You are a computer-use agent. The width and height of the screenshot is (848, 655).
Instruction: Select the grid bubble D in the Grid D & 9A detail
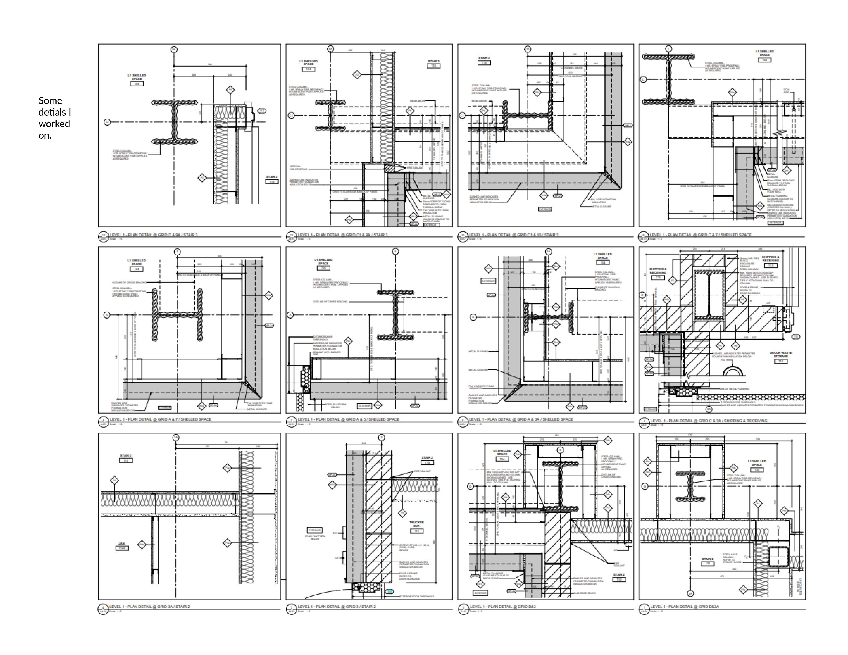coord(107,122)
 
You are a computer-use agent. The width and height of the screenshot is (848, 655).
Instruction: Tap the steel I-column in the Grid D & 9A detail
coord(174,122)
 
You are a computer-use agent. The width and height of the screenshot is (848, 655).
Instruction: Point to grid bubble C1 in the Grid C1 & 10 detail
coord(462,115)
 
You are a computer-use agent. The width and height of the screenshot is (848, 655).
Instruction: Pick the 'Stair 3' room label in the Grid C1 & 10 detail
coord(484,60)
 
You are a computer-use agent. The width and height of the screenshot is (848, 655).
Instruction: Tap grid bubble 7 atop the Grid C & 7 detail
coord(669,49)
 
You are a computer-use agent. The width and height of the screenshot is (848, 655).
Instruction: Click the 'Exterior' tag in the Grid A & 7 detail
coord(165,408)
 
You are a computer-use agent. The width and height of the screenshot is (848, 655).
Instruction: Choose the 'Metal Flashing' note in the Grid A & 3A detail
coord(478,351)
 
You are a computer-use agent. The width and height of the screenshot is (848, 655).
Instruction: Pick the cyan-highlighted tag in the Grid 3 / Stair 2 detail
coord(389,591)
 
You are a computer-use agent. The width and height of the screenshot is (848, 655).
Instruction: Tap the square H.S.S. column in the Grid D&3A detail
coord(777,558)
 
